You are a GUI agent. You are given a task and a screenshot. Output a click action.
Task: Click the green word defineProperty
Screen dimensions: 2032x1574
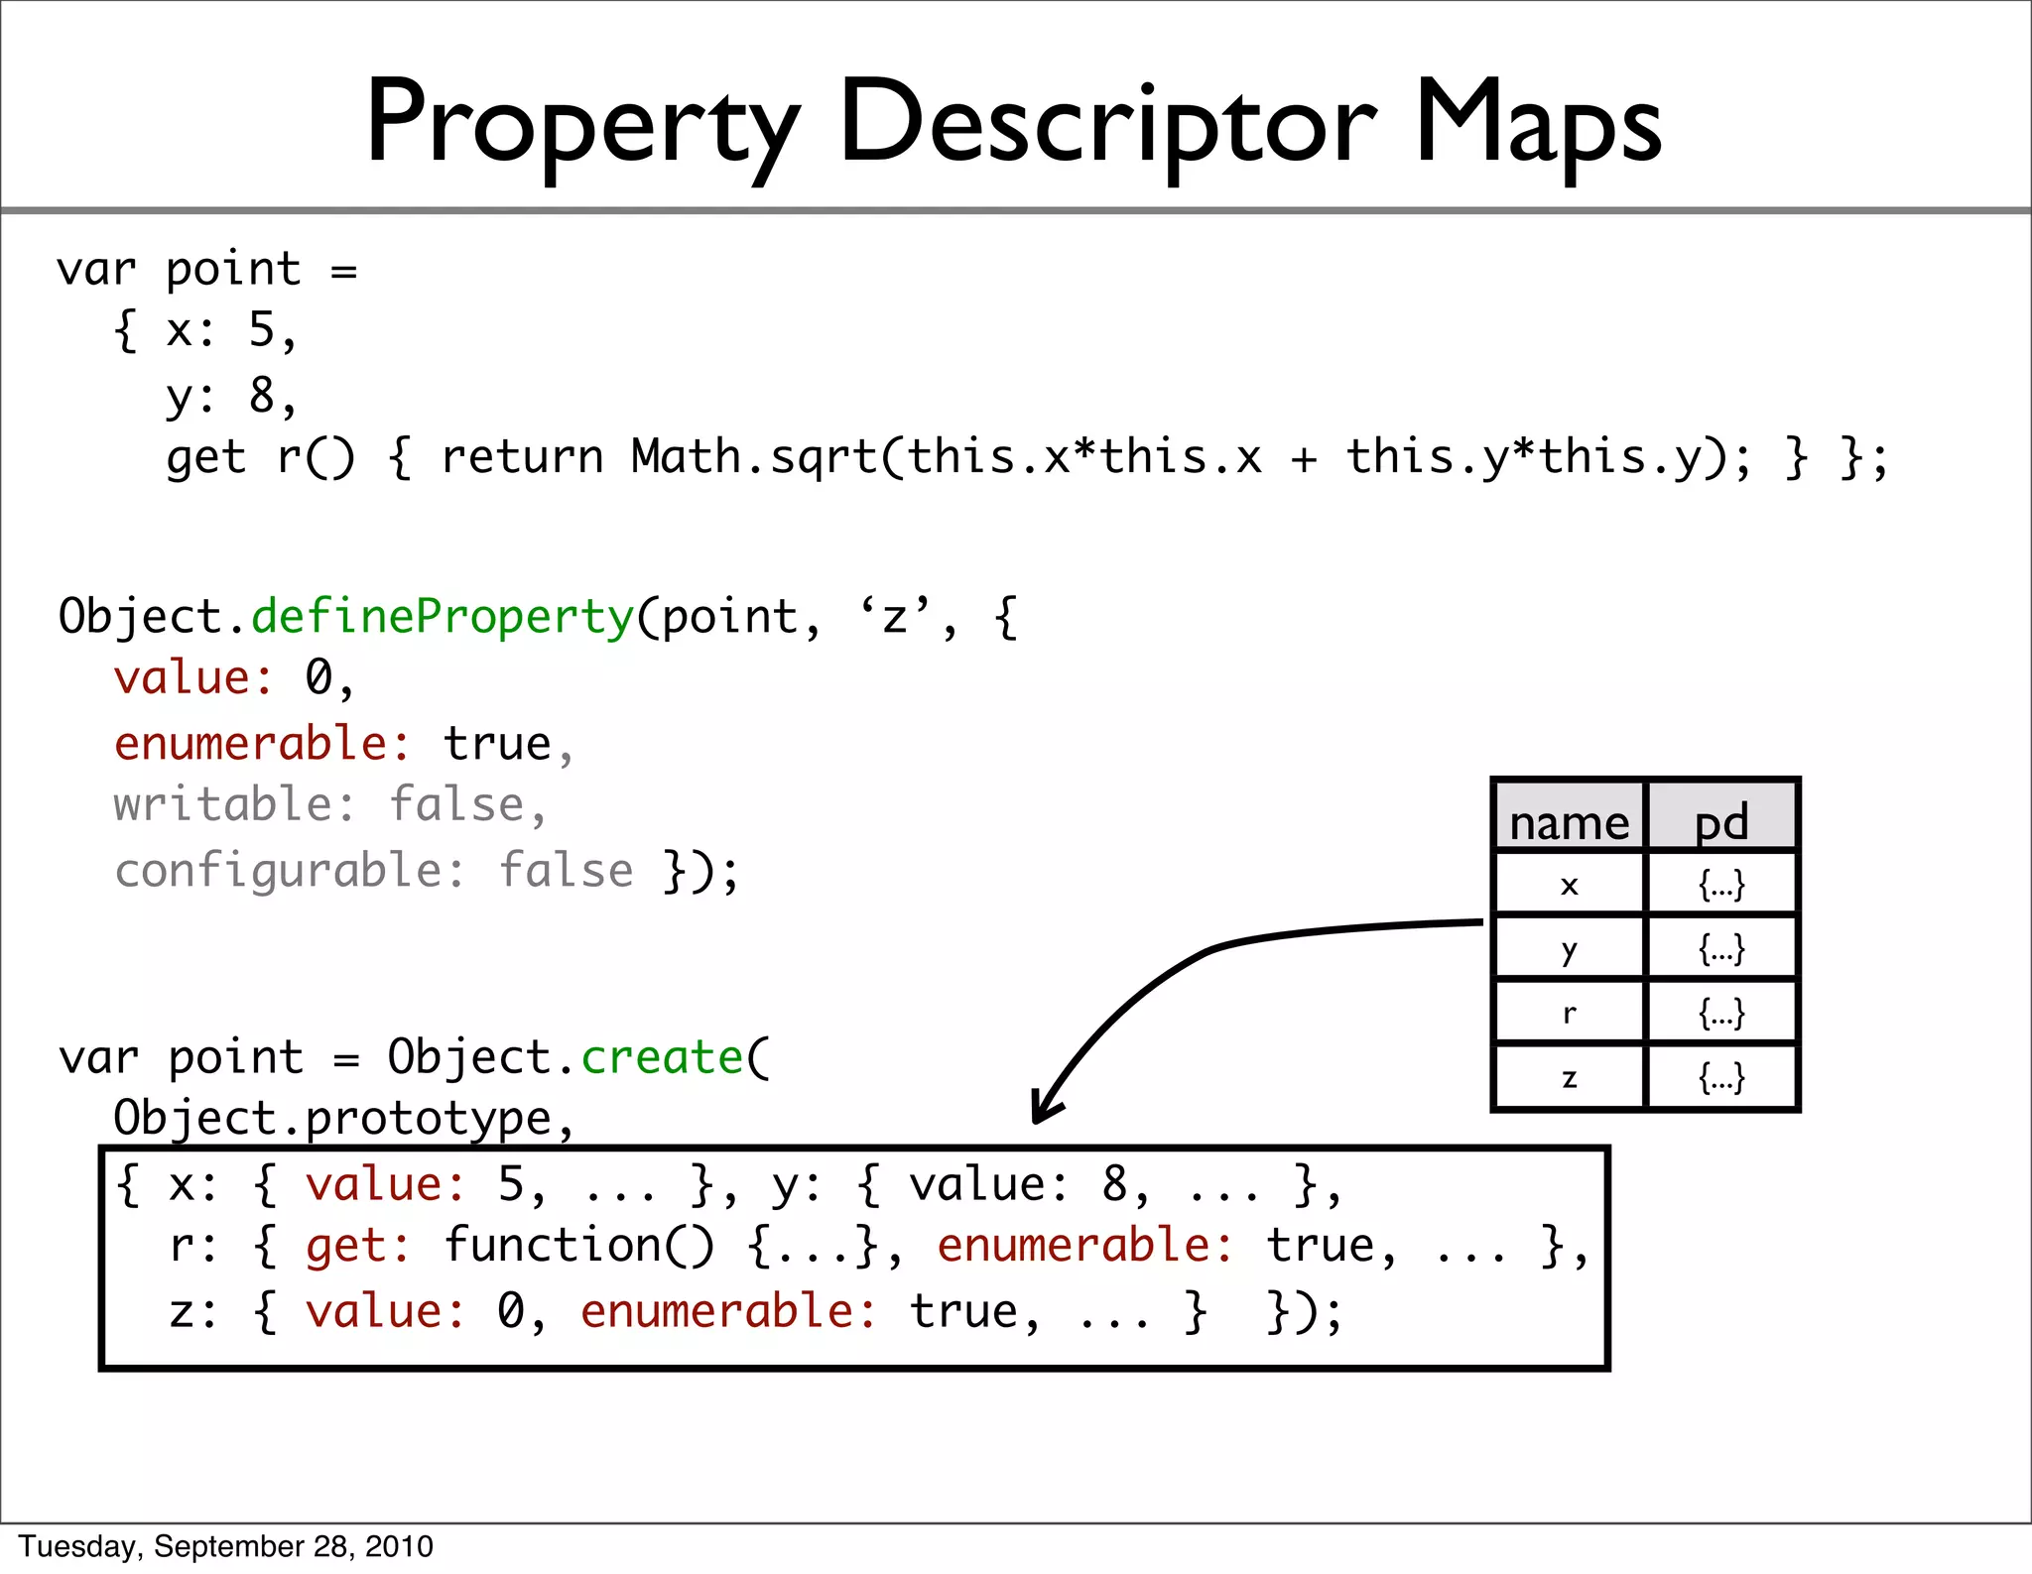point(443,617)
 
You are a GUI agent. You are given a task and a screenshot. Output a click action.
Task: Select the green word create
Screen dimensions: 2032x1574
point(662,1057)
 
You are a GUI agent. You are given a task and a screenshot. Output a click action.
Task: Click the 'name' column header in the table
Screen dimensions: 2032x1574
point(1569,822)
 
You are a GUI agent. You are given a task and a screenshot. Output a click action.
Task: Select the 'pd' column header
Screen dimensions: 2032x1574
point(1721,822)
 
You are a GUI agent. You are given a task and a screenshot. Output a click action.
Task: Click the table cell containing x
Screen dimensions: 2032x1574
point(1569,884)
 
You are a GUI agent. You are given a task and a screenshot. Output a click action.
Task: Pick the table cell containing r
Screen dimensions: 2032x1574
point(1569,1013)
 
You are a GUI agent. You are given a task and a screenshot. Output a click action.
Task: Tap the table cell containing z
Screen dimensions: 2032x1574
point(1569,1077)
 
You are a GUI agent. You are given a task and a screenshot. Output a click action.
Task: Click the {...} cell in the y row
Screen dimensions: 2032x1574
point(1721,949)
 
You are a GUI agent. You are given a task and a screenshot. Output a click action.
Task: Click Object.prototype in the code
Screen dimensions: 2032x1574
point(332,1119)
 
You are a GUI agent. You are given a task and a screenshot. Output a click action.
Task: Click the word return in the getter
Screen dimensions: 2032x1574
point(522,458)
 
